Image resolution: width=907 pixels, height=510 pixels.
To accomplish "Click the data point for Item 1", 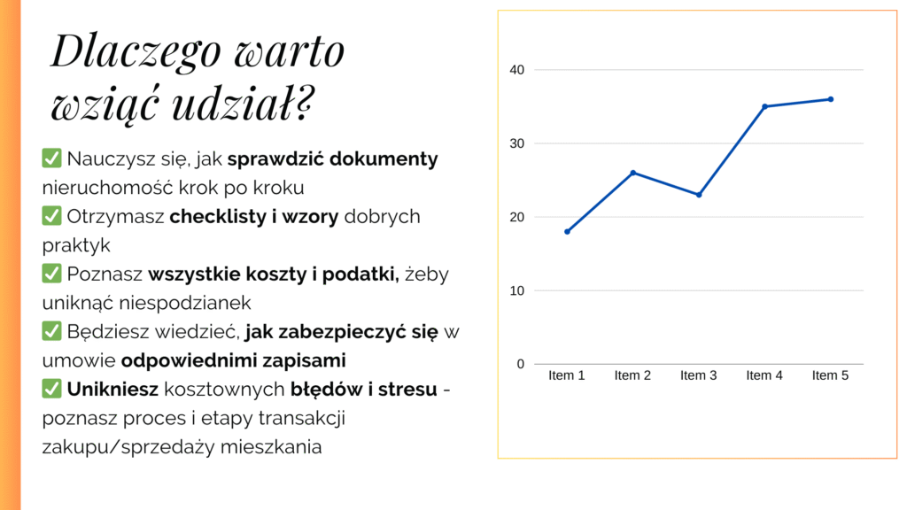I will pyautogui.click(x=567, y=232).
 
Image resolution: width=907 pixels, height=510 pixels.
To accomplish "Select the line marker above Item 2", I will pyautogui.click(x=633, y=173).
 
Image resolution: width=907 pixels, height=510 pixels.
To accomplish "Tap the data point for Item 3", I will pyautogui.click(x=699, y=195).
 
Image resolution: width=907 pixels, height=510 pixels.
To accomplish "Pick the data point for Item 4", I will pyautogui.click(x=764, y=106).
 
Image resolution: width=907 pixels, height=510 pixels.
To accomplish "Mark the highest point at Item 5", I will pyautogui.click(x=831, y=99).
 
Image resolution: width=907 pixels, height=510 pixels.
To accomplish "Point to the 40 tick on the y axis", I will pyautogui.click(x=517, y=70).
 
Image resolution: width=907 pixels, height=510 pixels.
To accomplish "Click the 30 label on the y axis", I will pyautogui.click(x=517, y=143).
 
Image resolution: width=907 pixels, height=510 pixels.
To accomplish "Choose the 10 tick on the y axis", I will pyautogui.click(x=517, y=290).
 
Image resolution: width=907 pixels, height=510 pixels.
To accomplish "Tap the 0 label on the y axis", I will pyautogui.click(x=521, y=364).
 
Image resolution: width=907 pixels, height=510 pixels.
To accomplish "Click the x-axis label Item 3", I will pyautogui.click(x=699, y=375).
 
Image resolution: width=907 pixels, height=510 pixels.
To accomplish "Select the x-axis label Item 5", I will pyautogui.click(x=831, y=375).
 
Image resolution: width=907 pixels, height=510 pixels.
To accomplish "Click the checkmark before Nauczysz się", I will pyautogui.click(x=51, y=159).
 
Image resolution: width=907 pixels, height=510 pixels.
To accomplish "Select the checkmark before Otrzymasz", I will pyautogui.click(x=51, y=217).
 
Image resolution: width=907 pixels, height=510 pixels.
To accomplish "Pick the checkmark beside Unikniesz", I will pyautogui.click(x=51, y=389).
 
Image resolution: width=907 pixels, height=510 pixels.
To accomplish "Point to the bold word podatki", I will pyautogui.click(x=363, y=274).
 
